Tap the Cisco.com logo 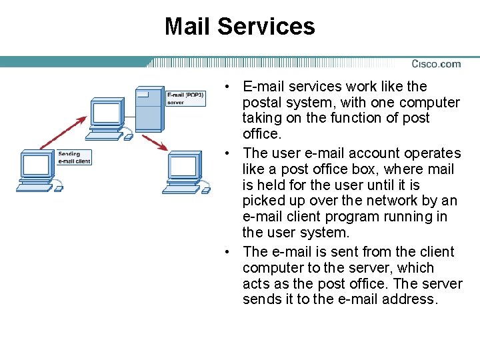tap(436, 64)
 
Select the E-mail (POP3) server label tap(185, 99)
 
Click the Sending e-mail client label tap(73, 157)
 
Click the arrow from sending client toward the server tap(63, 133)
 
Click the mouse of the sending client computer tap(58, 189)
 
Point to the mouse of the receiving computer tap(206, 191)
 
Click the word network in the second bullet tap(411, 201)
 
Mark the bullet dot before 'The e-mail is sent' tap(228, 252)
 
